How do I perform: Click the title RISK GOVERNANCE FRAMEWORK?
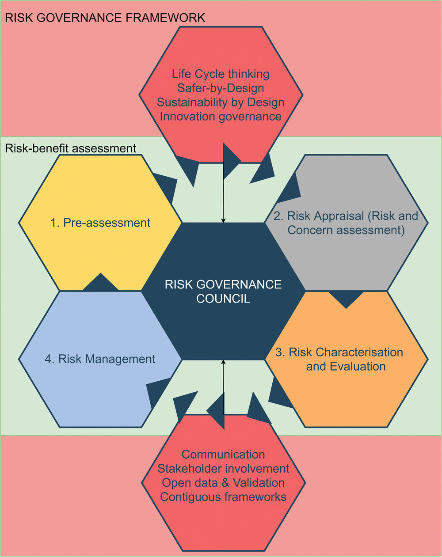point(105,18)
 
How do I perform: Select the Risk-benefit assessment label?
point(71,148)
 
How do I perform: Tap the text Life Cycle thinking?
point(221,74)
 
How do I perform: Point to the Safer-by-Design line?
point(221,88)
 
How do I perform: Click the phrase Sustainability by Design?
point(221,102)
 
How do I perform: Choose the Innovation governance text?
point(221,116)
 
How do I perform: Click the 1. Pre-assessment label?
point(100,223)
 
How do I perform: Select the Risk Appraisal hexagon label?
point(346,223)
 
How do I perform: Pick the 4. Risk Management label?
point(100,359)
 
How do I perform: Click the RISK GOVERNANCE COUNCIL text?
point(223,291)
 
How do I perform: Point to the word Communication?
point(223,455)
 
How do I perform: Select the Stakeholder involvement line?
point(223,469)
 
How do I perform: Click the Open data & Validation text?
point(223,483)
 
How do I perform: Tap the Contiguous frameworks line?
point(223,497)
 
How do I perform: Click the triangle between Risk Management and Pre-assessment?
point(101,284)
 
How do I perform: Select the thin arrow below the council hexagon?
point(224,384)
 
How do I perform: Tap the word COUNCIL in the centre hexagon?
point(223,299)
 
